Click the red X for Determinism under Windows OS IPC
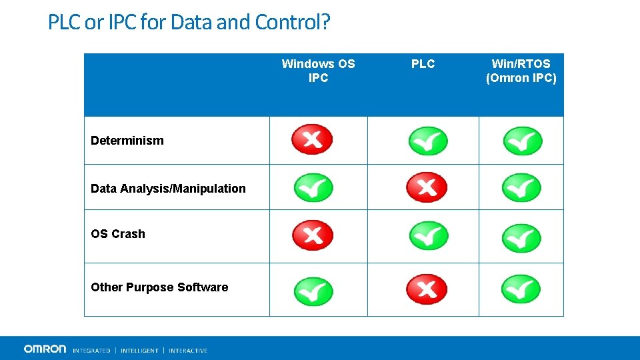[x=312, y=139]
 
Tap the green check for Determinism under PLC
[x=427, y=141]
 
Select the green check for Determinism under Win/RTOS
[x=522, y=141]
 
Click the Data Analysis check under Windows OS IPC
[x=313, y=187]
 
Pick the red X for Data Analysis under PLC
[x=427, y=186]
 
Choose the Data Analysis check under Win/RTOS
[x=521, y=187]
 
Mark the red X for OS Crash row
[x=312, y=235]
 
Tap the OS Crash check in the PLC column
[x=428, y=235]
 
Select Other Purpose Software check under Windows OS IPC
[x=313, y=289]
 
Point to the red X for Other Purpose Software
[x=427, y=288]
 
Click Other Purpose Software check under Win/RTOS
[x=521, y=289]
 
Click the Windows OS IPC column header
[x=318, y=71]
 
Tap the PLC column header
[x=423, y=64]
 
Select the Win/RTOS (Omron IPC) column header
[x=521, y=71]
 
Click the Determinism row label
[x=127, y=141]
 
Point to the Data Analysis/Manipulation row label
[x=168, y=189]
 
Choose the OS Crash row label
[x=117, y=234]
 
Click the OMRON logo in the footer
[x=45, y=349]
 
